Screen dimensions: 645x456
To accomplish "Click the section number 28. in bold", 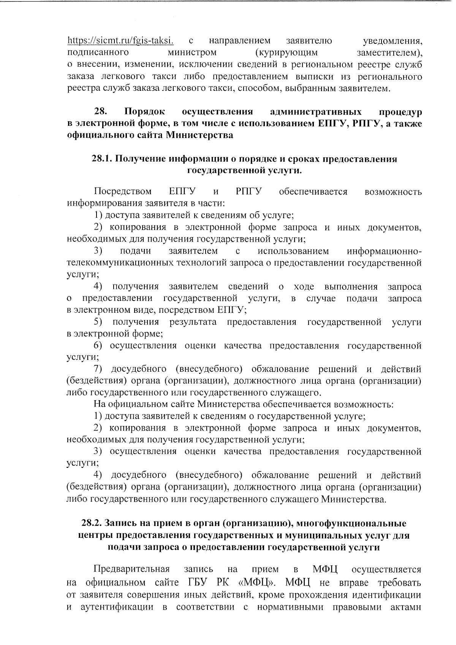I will [x=100, y=112].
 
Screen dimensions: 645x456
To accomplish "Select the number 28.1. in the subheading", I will [x=102, y=159].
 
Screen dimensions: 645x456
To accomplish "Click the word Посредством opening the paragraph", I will [x=123, y=191].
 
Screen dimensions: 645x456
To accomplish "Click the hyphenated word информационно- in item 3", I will [x=384, y=251].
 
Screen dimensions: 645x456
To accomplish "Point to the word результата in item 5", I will [x=193, y=322].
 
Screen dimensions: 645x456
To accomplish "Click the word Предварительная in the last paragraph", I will [x=131, y=569].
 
